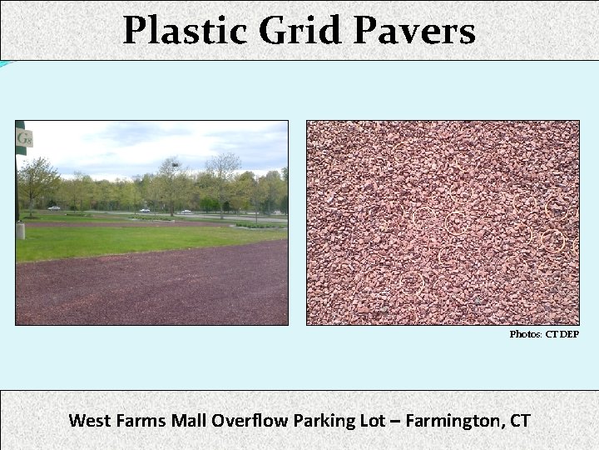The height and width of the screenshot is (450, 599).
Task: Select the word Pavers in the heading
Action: pos(413,32)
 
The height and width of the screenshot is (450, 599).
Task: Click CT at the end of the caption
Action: pos(519,420)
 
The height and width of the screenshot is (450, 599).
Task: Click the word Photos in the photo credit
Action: pos(526,334)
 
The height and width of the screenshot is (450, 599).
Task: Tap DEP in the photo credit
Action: pos(569,334)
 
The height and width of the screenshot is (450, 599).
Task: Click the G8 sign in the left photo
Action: pos(22,138)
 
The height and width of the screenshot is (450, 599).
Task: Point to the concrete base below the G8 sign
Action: pos(20,229)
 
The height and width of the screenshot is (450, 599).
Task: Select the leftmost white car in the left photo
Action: pos(54,207)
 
